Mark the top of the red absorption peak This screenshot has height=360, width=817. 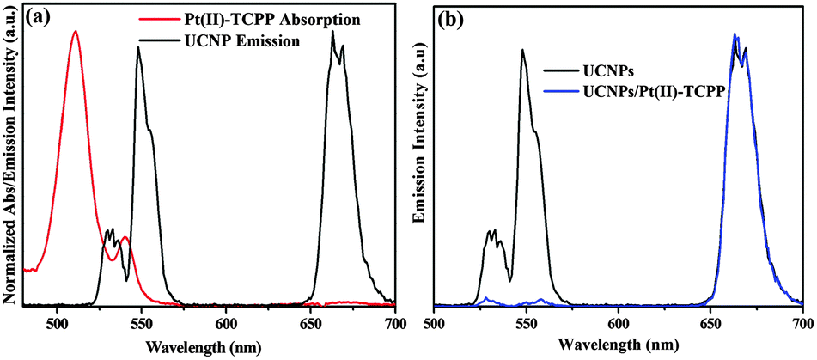(76, 31)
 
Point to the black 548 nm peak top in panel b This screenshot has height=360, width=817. (522, 50)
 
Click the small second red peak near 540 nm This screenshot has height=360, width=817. (125, 237)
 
